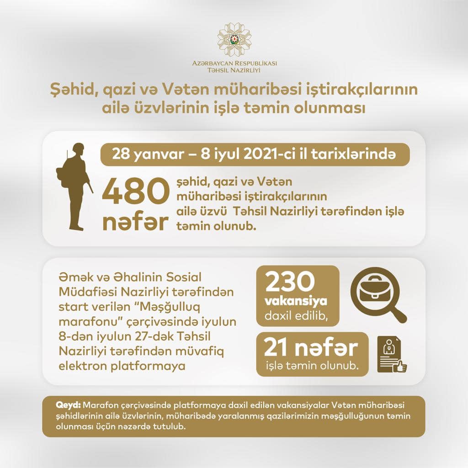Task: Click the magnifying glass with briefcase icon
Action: pos(377,294)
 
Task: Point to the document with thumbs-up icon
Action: pos(391,354)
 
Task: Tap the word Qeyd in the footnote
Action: pos(68,405)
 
